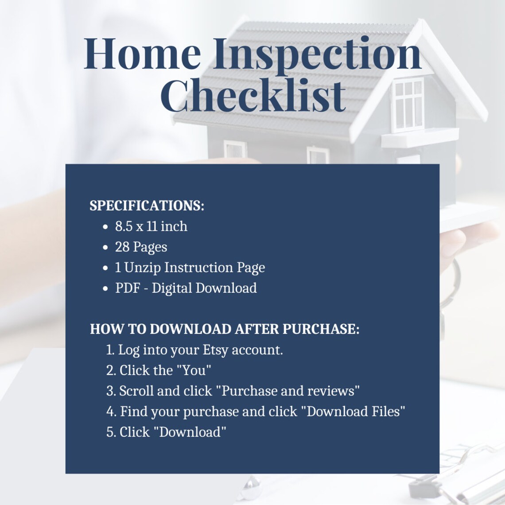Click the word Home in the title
[x=142, y=54]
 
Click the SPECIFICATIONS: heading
[x=147, y=206]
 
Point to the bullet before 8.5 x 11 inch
[x=105, y=227]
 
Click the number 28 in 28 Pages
[x=122, y=247]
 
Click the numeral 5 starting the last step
[x=110, y=432]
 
